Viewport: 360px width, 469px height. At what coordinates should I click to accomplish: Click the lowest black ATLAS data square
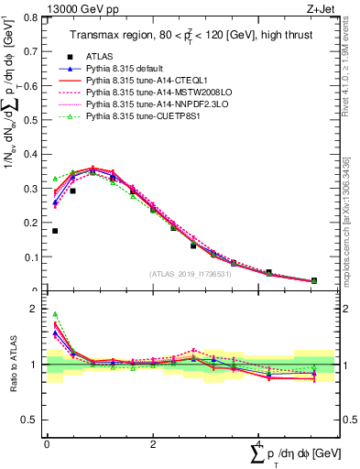tap(314, 280)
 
